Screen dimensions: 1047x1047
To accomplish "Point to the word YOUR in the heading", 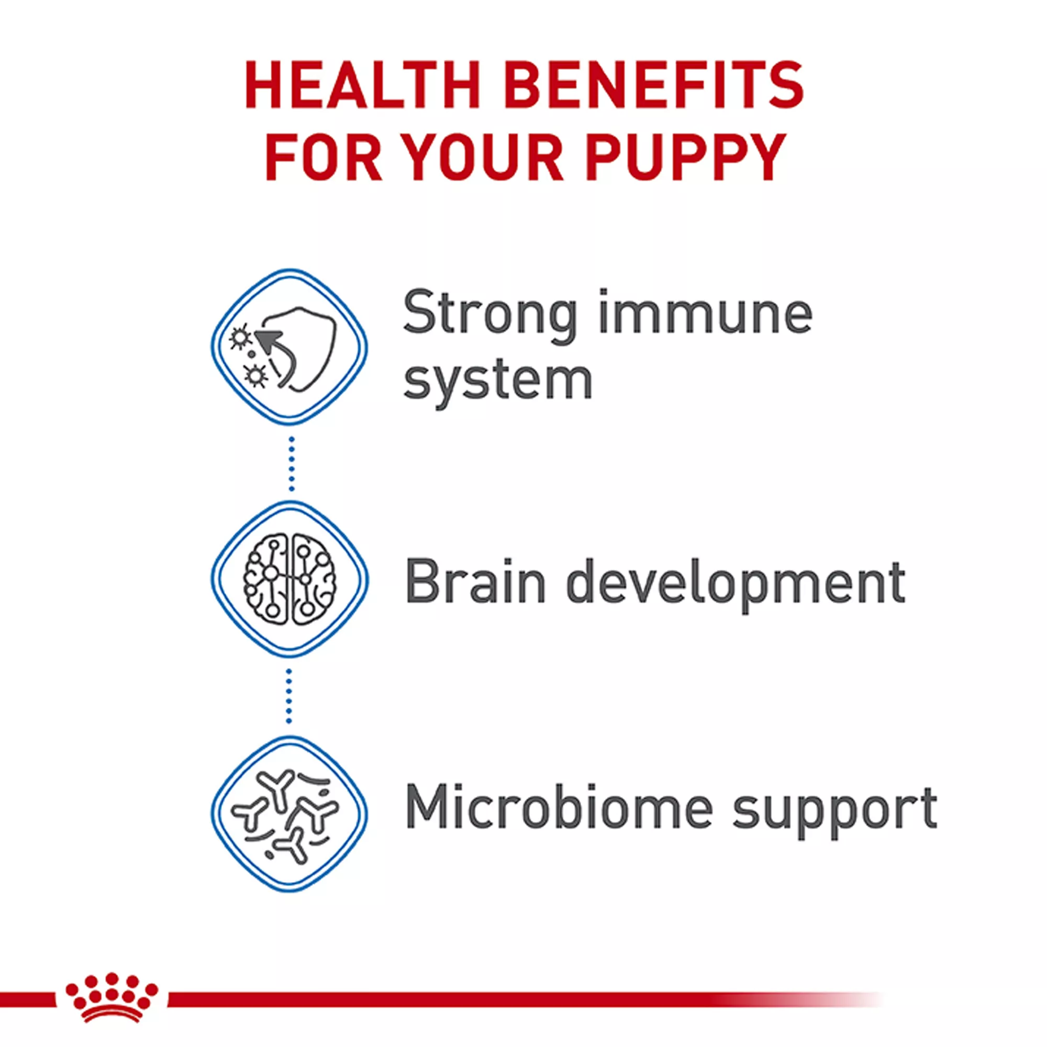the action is (x=484, y=158).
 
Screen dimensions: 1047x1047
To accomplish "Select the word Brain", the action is (x=475, y=582).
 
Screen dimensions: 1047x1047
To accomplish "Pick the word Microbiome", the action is (x=559, y=807).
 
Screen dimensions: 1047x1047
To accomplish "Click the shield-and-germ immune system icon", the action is (x=289, y=348).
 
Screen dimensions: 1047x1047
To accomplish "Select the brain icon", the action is (x=289, y=580).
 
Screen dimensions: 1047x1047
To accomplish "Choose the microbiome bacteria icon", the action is (x=289, y=814).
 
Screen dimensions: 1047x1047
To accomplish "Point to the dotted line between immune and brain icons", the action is (x=292, y=464).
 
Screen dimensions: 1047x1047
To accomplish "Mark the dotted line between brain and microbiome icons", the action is (x=289, y=696).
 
